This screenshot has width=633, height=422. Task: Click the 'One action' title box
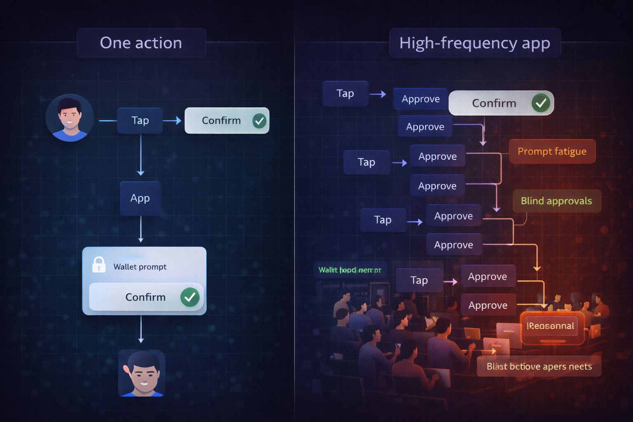141,43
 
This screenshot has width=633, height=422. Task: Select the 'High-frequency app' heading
474,43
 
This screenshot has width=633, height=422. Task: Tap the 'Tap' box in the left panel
140,120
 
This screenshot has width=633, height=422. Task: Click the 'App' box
140,198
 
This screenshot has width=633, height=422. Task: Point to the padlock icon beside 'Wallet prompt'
99,265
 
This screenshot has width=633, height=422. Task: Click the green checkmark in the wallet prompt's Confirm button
190,297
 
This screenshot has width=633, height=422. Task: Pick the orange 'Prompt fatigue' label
552,151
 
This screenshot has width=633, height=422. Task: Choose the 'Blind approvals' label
556,201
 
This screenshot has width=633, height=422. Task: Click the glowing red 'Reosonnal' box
551,326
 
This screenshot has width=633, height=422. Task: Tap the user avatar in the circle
69,118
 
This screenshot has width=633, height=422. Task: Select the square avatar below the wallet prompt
142,373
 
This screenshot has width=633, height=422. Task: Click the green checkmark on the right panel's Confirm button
541,103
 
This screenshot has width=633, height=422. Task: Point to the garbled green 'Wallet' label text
350,270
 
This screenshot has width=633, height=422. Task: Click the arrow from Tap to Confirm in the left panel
173,120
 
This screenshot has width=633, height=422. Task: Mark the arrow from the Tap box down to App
141,155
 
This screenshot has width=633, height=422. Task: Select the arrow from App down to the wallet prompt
141,229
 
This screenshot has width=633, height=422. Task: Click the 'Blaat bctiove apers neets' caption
539,366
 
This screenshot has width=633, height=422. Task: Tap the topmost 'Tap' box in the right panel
345,94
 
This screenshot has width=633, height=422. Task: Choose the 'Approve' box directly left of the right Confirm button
420,99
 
